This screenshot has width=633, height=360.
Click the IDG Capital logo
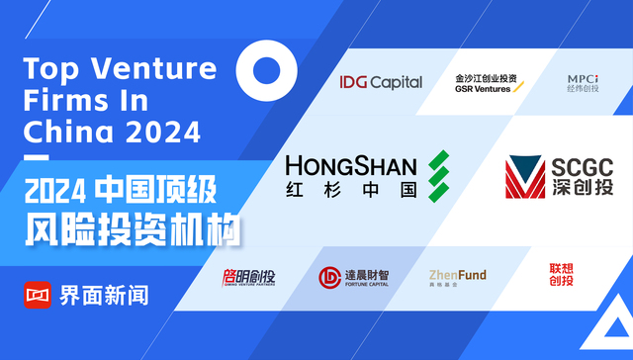click(x=380, y=82)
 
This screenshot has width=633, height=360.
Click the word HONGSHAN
click(x=350, y=164)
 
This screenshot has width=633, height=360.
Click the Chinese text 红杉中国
click(x=350, y=190)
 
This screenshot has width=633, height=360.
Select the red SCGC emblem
click(x=526, y=177)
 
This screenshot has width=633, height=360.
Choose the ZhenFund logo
click(x=457, y=278)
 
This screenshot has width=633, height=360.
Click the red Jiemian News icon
click(x=38, y=295)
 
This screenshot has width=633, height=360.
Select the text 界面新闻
click(x=104, y=295)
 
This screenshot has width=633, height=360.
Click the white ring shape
click(x=269, y=70)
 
